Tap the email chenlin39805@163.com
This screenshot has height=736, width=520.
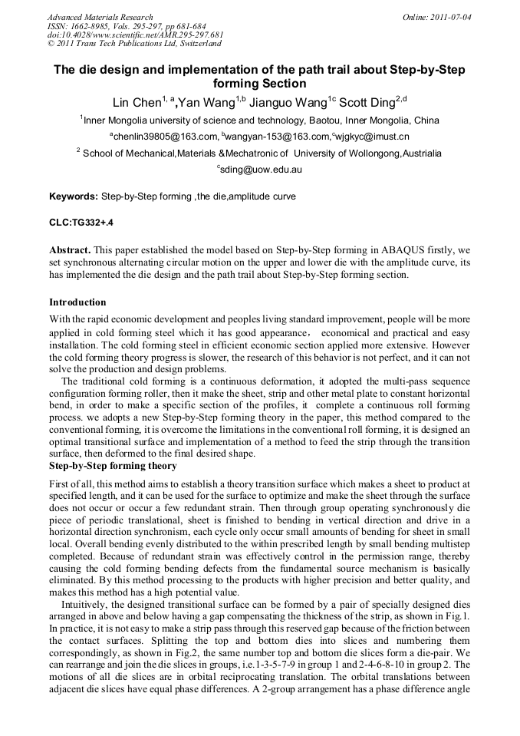(x=165, y=137)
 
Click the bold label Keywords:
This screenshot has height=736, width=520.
(x=73, y=196)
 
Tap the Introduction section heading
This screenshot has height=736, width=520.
(x=77, y=302)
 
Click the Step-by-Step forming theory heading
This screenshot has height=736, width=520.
(x=113, y=465)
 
